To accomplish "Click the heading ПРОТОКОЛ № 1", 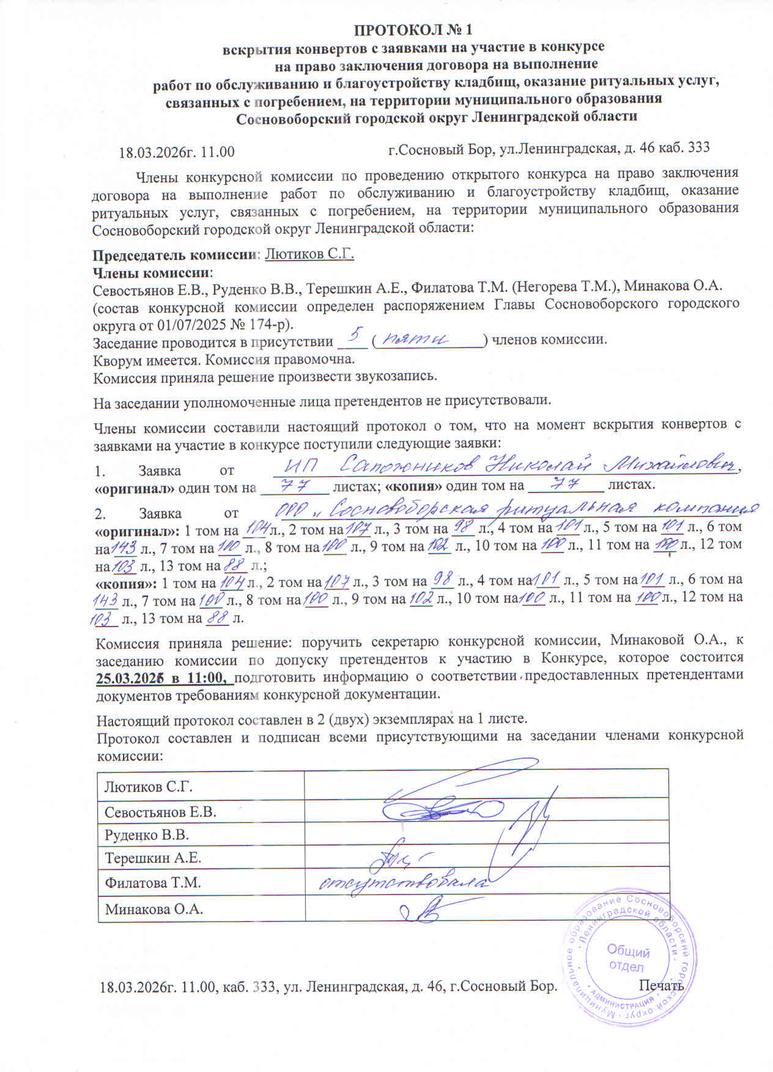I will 414,29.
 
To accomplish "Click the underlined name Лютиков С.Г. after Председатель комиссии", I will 309,254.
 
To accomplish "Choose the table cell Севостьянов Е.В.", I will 160,812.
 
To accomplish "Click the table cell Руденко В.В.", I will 147,835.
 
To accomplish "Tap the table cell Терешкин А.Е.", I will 153,858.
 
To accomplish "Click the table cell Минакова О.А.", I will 153,909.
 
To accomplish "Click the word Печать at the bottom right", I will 661,986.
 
